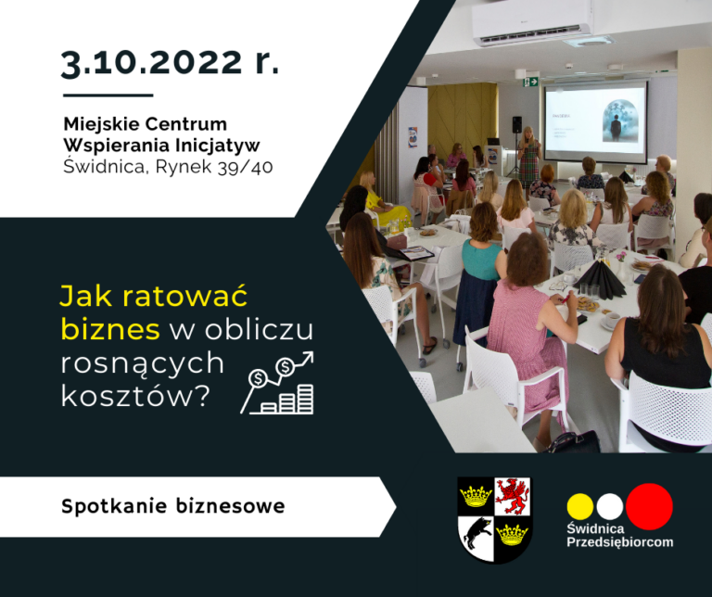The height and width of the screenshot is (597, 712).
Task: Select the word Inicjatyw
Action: [x=219, y=145]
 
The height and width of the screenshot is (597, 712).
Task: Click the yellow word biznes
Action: [x=97, y=328]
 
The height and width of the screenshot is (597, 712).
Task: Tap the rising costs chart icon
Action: [x=277, y=383]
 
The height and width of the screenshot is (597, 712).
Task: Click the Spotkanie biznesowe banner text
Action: [x=173, y=506]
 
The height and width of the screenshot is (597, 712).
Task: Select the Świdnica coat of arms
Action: [x=494, y=519]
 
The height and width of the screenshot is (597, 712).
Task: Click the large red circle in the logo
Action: [x=649, y=506]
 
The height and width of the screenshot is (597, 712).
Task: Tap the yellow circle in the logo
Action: [x=580, y=506]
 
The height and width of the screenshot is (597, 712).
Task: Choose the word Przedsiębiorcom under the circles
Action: [x=619, y=541]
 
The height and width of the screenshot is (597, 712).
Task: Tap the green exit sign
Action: [x=530, y=82]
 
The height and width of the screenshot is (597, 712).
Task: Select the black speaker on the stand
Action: [x=516, y=124]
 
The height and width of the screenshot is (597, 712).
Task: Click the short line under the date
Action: [x=108, y=95]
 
